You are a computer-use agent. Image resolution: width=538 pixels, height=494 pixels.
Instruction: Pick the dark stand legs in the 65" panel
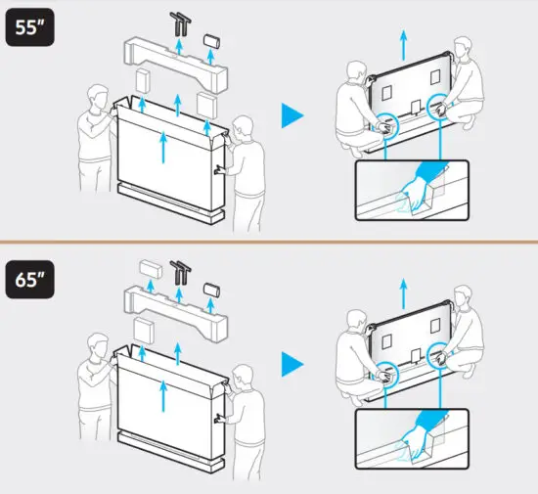pos(181,271)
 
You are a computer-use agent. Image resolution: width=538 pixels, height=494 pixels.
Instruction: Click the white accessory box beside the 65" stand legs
pos(152,267)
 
